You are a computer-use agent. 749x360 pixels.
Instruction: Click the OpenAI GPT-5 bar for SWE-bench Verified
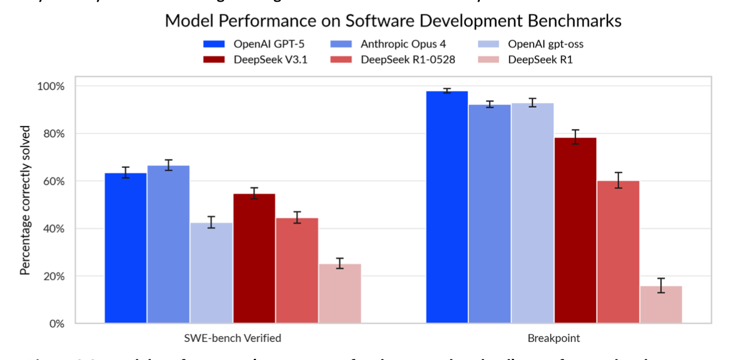(x=126, y=248)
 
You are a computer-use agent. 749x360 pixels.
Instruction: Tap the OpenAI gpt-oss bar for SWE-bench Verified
(x=211, y=272)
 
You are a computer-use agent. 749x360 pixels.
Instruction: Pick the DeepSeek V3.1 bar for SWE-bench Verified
(x=254, y=258)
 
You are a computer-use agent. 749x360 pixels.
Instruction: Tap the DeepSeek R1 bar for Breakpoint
(x=661, y=304)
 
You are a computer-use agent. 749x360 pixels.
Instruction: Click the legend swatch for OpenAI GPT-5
(x=214, y=44)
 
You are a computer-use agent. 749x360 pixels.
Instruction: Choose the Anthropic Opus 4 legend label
(x=404, y=44)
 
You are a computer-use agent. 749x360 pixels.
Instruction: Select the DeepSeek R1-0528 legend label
(x=408, y=59)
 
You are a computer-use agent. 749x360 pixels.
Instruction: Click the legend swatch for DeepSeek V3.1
(x=214, y=59)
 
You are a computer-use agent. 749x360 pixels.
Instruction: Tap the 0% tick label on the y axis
(x=57, y=324)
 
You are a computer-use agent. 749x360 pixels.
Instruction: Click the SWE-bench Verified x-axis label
(x=233, y=339)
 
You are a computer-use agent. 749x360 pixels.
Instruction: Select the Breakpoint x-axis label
(x=554, y=339)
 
